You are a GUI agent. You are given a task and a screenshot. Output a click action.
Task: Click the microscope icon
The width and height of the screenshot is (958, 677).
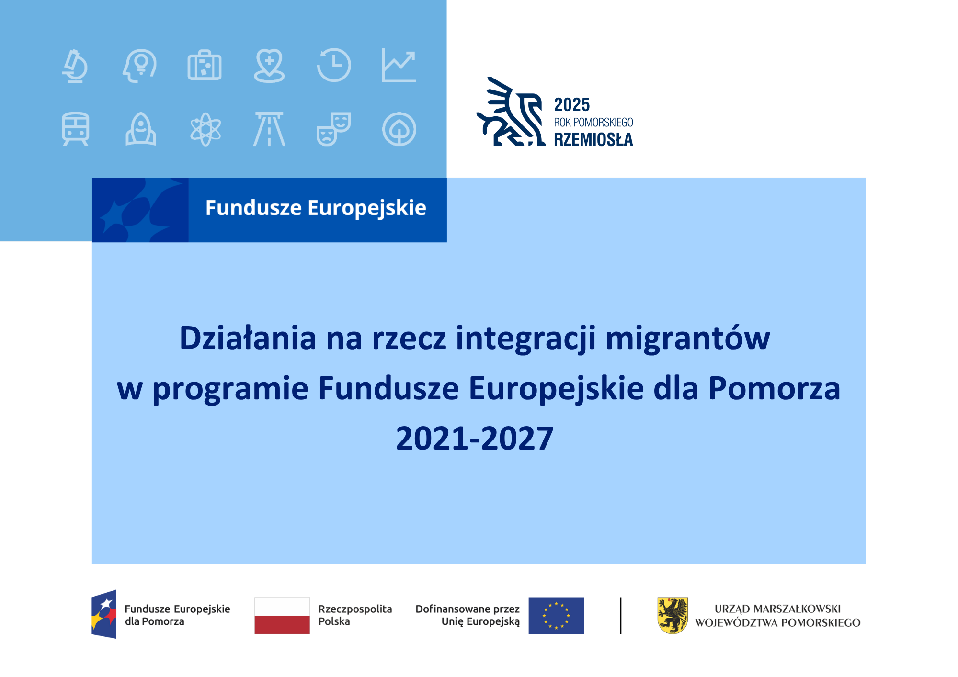[x=75, y=66]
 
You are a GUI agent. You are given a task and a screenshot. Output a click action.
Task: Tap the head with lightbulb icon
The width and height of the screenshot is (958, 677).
[x=140, y=66]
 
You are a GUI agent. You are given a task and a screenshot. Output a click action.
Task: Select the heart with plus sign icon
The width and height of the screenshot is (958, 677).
[x=269, y=66]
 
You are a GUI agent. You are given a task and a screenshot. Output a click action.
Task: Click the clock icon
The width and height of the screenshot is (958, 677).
[x=334, y=65]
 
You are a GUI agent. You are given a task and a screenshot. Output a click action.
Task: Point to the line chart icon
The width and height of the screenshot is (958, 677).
[x=399, y=66]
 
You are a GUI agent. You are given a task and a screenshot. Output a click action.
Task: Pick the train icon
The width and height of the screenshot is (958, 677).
[x=75, y=129]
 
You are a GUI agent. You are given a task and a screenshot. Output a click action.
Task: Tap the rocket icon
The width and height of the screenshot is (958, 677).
[x=140, y=129]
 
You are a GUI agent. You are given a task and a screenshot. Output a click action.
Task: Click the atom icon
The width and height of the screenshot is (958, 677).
[x=205, y=129]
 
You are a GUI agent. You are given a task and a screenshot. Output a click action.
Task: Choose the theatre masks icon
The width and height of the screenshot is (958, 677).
[x=333, y=129]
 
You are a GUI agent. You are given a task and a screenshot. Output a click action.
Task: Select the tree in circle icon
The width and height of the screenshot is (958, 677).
[x=399, y=129]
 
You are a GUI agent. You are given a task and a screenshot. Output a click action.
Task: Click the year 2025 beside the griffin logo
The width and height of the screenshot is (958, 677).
[x=572, y=105]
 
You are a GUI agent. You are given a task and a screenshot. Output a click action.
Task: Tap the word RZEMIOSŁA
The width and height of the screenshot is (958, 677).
[x=593, y=139]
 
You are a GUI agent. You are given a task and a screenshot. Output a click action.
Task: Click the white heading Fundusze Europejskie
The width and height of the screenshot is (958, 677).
[x=316, y=208]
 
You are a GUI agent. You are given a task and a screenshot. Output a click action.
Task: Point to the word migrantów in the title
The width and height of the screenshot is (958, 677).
[x=688, y=339]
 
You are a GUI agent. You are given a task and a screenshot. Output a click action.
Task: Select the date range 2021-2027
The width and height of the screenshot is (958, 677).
[x=475, y=439]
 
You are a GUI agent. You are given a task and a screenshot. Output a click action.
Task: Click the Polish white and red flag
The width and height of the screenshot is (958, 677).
[x=282, y=616]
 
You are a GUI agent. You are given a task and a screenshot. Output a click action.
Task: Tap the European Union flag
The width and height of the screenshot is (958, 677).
[x=556, y=616]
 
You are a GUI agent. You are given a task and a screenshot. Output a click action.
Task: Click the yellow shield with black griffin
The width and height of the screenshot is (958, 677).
[x=673, y=616]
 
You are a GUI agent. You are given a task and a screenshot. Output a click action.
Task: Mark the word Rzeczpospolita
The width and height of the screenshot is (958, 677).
[x=355, y=609]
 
